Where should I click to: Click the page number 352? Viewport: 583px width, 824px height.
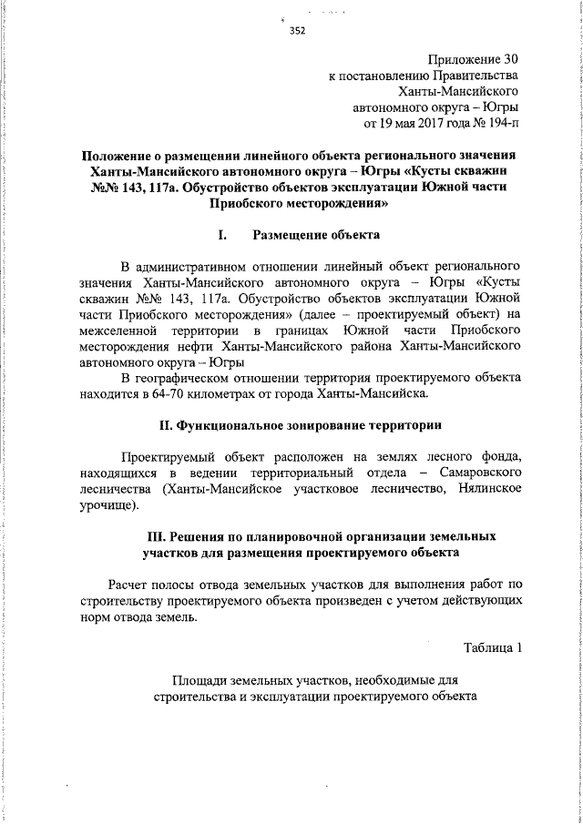pyautogui.click(x=297, y=30)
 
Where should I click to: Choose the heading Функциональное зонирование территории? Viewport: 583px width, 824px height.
pyautogui.click(x=310, y=425)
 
